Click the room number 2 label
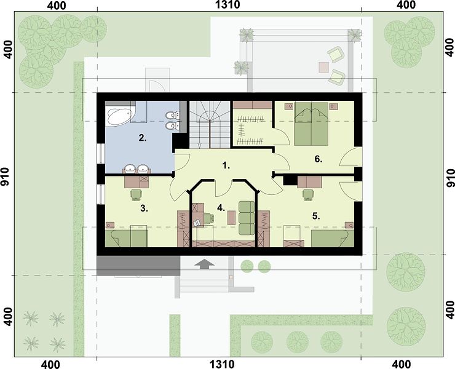click(142, 138)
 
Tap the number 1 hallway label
click(226, 165)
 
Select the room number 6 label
click(318, 159)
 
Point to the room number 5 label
click(316, 216)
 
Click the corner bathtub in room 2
click(119, 116)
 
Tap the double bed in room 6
click(312, 124)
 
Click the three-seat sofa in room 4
click(247, 218)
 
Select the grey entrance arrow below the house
click(205, 264)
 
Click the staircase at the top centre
click(210, 124)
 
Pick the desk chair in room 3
click(136, 194)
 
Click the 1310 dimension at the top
click(228, 5)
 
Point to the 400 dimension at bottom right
click(402, 364)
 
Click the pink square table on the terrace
click(323, 68)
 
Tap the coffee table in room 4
click(231, 218)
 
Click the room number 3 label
click(144, 208)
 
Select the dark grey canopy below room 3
click(138, 266)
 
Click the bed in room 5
click(333, 238)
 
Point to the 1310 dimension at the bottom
click(222, 364)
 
